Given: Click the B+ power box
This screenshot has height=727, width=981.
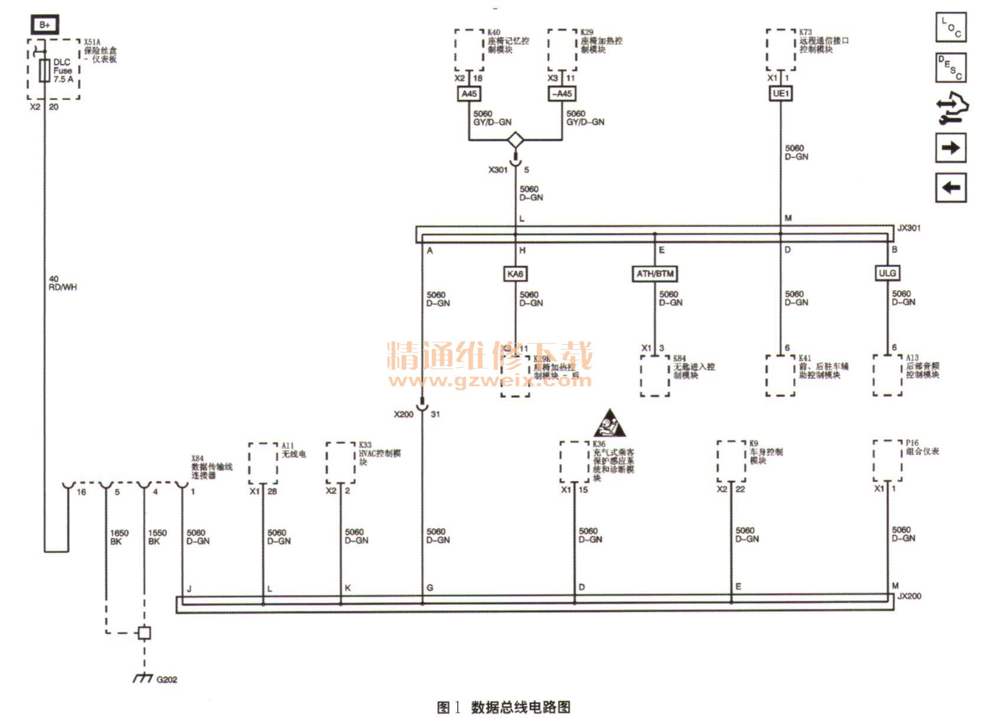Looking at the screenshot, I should coord(45,25).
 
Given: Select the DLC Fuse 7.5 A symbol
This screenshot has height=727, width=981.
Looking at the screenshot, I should coord(44,71).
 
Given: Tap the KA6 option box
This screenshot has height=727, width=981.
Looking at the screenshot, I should coord(515,274).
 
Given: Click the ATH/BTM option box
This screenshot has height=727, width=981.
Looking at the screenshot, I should coord(654,274).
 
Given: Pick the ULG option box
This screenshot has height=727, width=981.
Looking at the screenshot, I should coord(887,273).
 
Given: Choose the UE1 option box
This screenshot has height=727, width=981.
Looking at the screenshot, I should coord(780,93).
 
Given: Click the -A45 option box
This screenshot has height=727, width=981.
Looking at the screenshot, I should coord(562,93).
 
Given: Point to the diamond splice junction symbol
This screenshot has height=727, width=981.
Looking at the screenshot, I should coord(516,140).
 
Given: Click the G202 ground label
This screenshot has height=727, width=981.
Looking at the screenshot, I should coord(167,679).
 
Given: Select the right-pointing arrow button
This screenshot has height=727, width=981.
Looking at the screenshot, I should coord(951,148).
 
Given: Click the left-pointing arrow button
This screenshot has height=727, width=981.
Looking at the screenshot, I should coord(951,188).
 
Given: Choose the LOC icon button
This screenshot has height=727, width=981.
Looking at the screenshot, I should coord(951,27).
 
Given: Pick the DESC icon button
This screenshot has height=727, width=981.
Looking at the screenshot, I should coord(951,67).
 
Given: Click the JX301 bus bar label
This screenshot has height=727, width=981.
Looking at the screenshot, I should coord(909,228).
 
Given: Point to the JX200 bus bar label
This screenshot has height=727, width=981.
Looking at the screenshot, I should coord(909,596).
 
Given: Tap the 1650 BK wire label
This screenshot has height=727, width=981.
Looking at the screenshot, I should coord(119,537).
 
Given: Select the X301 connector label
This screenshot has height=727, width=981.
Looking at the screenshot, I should coord(498,169).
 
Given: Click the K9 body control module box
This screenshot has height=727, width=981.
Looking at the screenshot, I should coord(731,461).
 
